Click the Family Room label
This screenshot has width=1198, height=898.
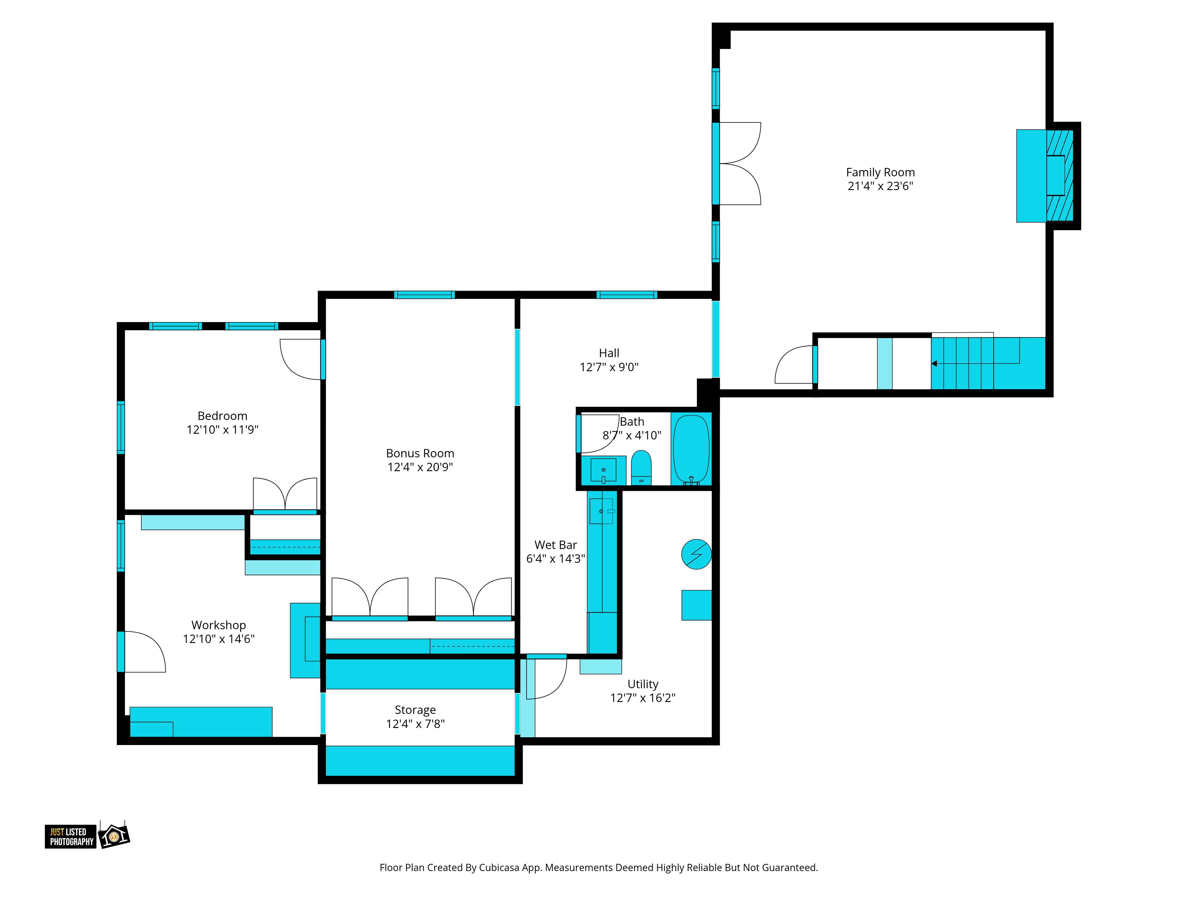click(880, 172)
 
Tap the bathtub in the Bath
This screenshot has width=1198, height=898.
click(691, 449)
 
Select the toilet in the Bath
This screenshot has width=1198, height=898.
click(641, 468)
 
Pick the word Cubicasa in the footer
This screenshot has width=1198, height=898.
click(499, 868)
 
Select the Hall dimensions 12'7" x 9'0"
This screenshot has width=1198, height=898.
click(609, 367)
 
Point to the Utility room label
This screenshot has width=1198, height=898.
click(643, 684)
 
